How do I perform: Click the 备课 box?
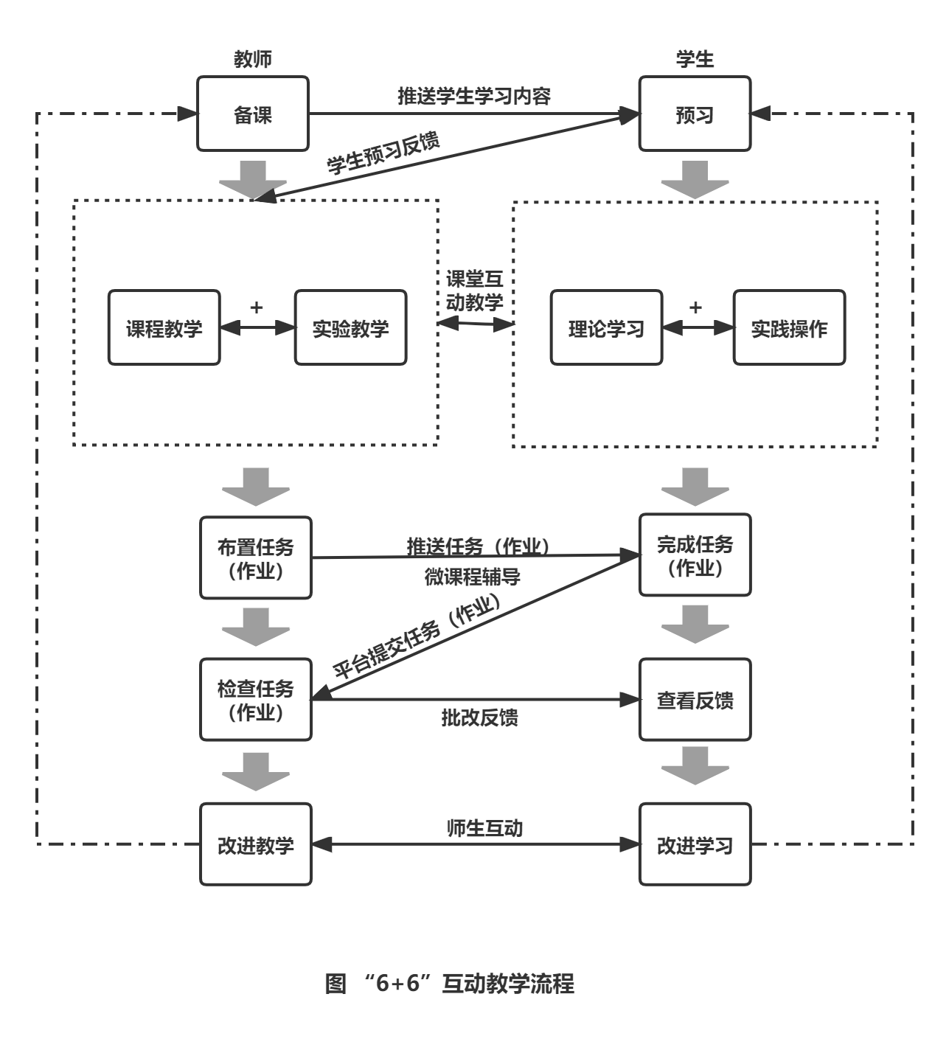252,114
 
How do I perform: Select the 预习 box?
694,114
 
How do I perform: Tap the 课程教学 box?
164,328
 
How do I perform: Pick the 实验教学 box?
350,328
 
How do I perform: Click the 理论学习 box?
606,328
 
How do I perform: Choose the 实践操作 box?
789,328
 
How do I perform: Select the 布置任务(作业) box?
256,557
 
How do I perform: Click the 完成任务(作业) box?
695,555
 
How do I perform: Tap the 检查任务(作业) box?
256,699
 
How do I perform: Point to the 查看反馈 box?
695,699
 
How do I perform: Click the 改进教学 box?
256,844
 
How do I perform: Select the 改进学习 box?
695,844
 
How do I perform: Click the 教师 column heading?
252,60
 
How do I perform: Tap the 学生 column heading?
695,60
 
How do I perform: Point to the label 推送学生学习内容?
474,96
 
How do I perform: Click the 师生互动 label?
484,828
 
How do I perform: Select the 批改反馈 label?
479,717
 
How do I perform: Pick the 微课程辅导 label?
473,577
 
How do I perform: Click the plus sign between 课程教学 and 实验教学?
257,307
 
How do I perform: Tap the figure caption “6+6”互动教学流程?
450,984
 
